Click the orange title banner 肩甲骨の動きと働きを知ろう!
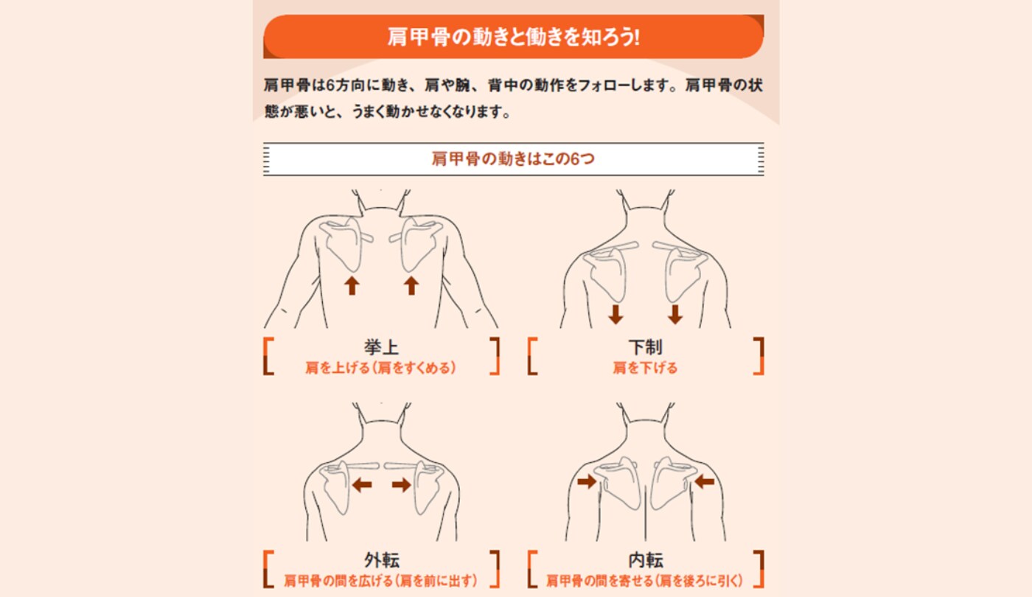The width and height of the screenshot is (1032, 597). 514,37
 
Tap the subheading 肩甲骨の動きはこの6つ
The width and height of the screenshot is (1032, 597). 513,159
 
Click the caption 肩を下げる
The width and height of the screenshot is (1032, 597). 645,367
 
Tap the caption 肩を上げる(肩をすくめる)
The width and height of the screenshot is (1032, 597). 381,367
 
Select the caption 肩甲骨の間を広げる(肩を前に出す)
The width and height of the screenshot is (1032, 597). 381,581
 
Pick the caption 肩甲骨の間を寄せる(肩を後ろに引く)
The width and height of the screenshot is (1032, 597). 645,581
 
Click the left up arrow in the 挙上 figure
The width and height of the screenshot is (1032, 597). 352,285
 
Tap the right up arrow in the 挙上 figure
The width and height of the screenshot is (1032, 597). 411,285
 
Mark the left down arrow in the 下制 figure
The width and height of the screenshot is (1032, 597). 616,315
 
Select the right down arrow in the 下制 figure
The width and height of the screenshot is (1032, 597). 674,315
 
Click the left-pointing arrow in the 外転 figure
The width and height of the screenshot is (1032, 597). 361,484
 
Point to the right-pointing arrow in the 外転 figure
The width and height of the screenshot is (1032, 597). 402,484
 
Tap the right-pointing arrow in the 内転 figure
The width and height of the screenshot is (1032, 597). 587,481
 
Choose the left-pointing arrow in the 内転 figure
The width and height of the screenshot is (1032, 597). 705,481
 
